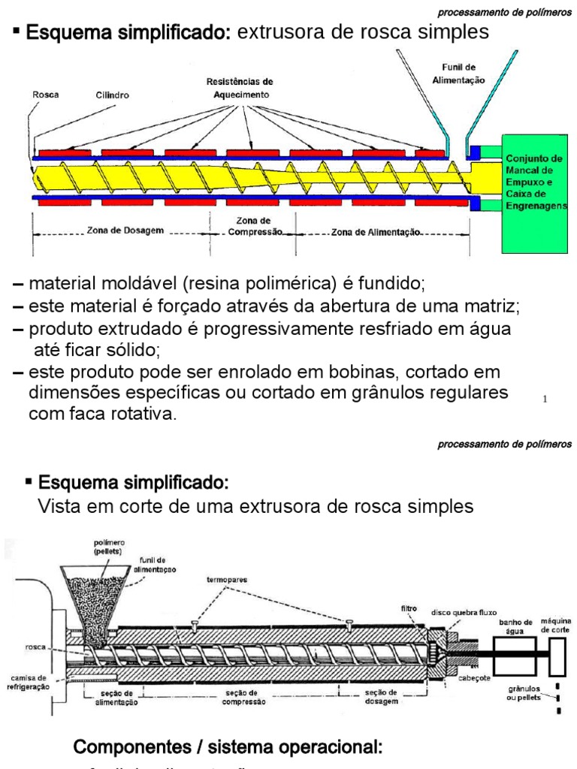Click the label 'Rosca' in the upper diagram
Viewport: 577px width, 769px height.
46,95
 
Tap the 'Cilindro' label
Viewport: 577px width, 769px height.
111,95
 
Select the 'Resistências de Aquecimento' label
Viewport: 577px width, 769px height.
240,88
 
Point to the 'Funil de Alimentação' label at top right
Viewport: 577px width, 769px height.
463,73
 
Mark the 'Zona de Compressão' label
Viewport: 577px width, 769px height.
252,227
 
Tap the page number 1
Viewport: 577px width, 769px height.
545,400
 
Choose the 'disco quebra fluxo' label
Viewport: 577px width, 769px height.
464,611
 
